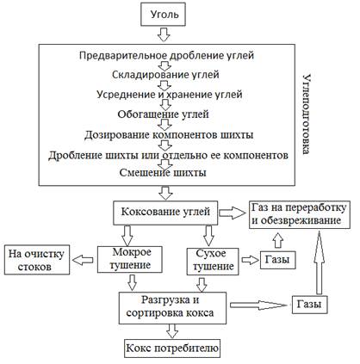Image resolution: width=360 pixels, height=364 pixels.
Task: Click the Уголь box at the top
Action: click(x=163, y=15)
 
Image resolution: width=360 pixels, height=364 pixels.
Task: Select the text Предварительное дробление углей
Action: click(x=166, y=55)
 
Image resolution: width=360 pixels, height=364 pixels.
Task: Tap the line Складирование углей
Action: click(x=165, y=75)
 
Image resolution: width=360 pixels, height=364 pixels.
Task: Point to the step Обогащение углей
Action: click(x=163, y=114)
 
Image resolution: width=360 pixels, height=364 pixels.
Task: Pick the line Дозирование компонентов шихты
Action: click(x=169, y=134)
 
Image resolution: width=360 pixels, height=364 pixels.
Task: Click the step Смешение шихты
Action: click(x=163, y=173)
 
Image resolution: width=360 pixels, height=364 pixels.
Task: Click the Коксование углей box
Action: click(x=165, y=213)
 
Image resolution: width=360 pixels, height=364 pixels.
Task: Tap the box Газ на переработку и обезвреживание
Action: click(x=300, y=214)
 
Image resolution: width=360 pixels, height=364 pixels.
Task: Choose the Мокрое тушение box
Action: click(x=130, y=259)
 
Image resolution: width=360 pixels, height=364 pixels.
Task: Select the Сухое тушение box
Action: click(x=213, y=261)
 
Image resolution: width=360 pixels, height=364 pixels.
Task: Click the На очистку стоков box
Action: click(x=37, y=260)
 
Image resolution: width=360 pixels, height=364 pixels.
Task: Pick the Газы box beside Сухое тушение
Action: click(x=278, y=260)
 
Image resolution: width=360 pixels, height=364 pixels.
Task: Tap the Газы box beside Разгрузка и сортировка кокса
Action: click(x=310, y=305)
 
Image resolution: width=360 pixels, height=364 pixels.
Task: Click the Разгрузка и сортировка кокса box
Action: click(x=172, y=308)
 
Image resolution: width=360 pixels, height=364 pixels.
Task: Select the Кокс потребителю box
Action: click(x=172, y=349)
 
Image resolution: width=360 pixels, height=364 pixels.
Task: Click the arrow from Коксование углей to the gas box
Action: click(x=233, y=213)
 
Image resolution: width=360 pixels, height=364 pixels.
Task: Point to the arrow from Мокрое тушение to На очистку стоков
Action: click(x=83, y=260)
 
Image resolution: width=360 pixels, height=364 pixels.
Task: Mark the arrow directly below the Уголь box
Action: click(x=164, y=34)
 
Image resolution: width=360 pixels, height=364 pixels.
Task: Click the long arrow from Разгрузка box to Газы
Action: click(x=258, y=305)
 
